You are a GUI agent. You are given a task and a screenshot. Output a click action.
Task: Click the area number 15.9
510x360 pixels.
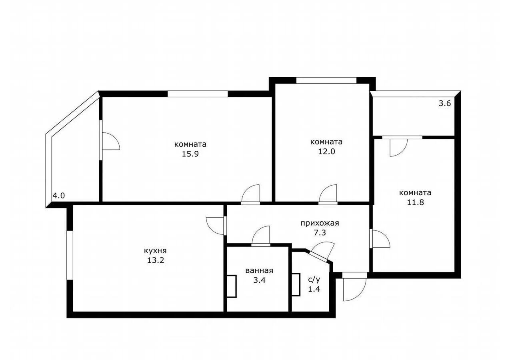point(190,154)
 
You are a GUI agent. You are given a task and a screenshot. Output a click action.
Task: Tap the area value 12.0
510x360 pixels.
point(326,152)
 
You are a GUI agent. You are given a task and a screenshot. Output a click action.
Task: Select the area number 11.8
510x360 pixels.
point(415,202)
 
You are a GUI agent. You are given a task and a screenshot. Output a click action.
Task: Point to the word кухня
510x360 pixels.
point(155,251)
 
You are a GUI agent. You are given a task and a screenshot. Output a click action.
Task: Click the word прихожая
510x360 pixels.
point(320,223)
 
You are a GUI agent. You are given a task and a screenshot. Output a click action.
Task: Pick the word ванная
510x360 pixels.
point(259,271)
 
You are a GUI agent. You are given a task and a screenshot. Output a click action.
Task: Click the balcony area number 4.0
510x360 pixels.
point(59,196)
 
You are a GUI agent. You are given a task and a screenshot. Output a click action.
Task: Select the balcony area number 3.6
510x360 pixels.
point(445,104)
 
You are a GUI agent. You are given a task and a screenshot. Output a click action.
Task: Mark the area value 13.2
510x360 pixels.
point(155,260)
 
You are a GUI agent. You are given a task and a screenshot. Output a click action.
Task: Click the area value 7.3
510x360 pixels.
point(320,233)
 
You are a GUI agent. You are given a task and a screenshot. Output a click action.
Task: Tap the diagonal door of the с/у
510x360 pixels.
point(321,252)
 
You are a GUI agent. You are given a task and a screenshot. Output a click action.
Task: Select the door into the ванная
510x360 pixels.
point(261,236)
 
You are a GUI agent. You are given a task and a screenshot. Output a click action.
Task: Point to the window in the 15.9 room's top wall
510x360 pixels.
point(198,94)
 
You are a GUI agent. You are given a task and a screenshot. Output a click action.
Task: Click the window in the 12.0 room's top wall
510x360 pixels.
point(326,81)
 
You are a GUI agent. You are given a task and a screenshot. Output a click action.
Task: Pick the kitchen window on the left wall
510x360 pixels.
point(70,256)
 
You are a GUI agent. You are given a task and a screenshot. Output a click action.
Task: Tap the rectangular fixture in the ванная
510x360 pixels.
point(232,286)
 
